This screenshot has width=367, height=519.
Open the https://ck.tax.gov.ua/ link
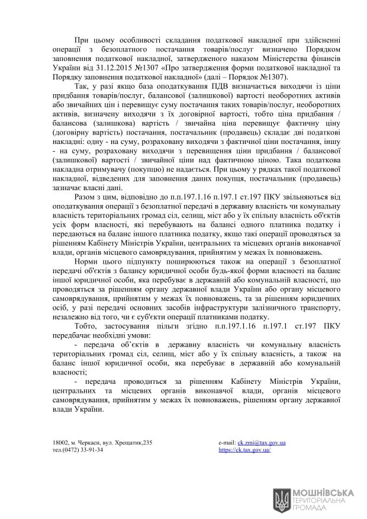[x=244, y=450]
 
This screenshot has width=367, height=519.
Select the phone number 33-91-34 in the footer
[x=91, y=450]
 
